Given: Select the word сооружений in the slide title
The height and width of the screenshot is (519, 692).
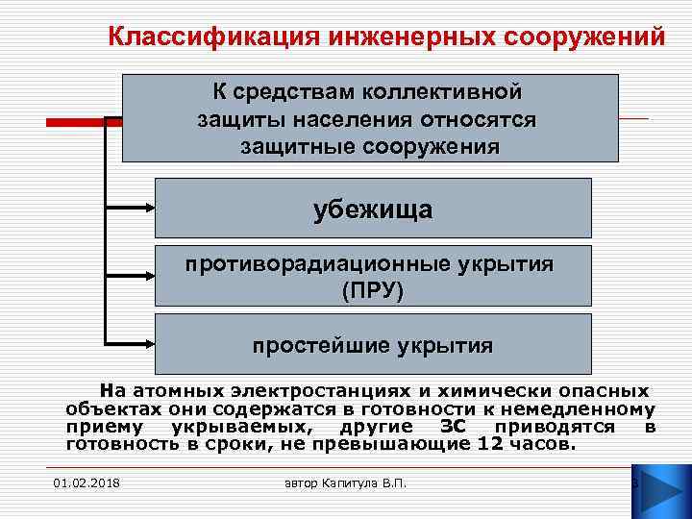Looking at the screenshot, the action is [x=584, y=37].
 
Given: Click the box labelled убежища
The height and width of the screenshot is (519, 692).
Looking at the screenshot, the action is [x=372, y=209].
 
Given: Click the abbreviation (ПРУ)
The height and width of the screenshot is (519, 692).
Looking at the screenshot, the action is [x=373, y=288].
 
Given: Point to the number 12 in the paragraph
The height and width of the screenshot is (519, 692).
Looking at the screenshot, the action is [x=489, y=445].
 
